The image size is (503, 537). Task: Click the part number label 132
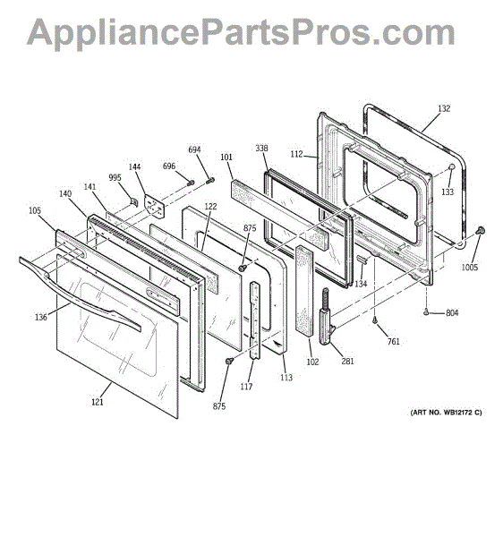[x=444, y=109]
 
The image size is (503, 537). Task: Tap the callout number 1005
[x=470, y=267]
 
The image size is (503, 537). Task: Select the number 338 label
[x=262, y=149]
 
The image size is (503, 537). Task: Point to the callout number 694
[x=194, y=149]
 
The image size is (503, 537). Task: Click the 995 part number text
[x=115, y=177]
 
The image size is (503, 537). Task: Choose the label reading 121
[x=97, y=402]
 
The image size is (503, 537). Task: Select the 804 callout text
[x=452, y=312]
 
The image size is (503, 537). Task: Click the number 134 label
[x=360, y=285]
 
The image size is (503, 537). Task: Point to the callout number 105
[x=34, y=211]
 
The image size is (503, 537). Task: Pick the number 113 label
[x=286, y=377]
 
